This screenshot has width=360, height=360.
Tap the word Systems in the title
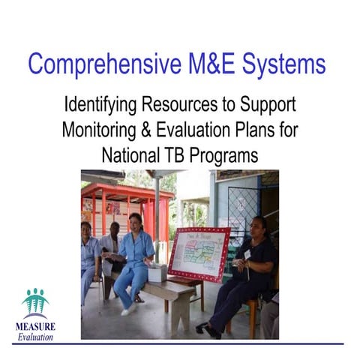(283, 64)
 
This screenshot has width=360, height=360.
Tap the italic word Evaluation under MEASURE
(35, 337)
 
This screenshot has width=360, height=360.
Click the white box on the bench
(157, 272)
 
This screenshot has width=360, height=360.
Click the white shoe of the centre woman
(128, 307)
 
